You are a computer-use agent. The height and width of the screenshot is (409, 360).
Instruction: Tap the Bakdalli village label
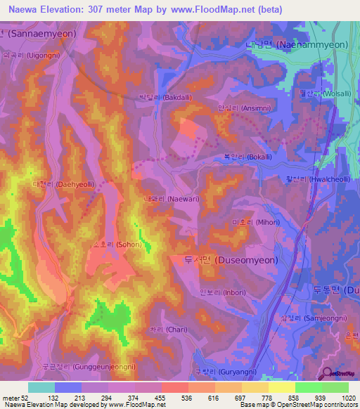[163, 98]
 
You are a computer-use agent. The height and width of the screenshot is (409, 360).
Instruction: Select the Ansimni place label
[240, 109]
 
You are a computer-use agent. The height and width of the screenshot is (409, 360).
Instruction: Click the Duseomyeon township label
[231, 259]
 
